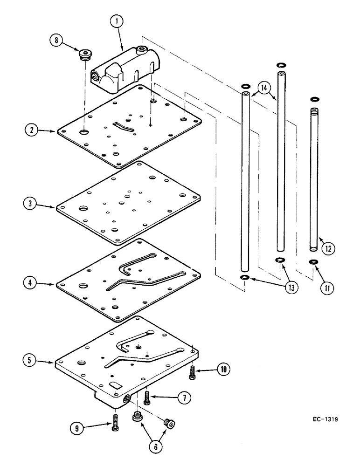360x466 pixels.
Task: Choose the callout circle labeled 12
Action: pos(328,248)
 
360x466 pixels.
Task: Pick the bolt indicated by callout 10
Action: pos(193,371)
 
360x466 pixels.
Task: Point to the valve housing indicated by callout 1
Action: pos(124,70)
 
